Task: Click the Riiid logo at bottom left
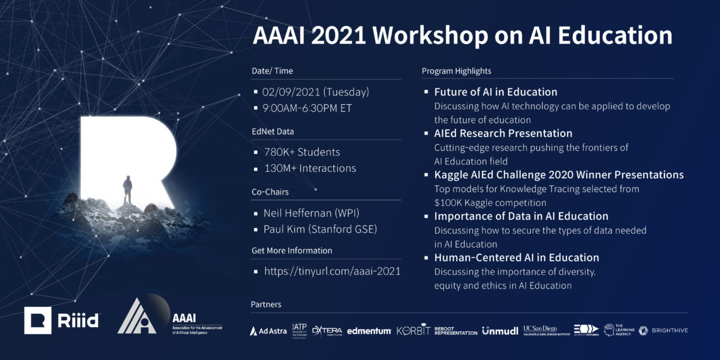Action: [x=61, y=320]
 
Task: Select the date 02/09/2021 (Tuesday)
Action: [x=315, y=92]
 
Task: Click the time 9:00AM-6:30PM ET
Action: [x=307, y=108]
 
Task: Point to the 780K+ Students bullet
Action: [x=301, y=152]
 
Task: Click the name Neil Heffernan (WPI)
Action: [x=311, y=213]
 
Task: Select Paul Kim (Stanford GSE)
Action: [x=320, y=229]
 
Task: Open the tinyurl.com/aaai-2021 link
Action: [x=332, y=272]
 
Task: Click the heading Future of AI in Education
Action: [x=495, y=92]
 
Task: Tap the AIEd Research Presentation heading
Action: [x=503, y=133]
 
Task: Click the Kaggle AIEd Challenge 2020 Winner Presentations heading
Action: [x=558, y=175]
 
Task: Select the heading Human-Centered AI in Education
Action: [x=516, y=258]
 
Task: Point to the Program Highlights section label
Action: [x=456, y=71]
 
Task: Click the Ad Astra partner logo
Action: [x=268, y=330]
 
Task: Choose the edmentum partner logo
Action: [x=369, y=330]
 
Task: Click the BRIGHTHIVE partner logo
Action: [x=663, y=330]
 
